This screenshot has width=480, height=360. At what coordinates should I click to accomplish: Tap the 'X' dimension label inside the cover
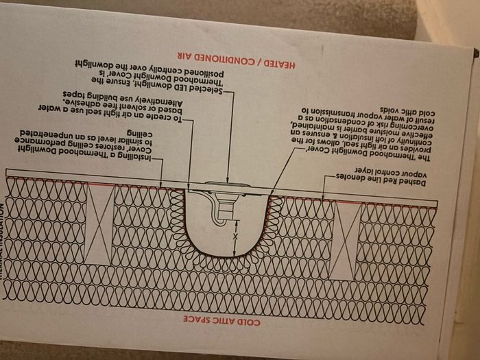click(x=236, y=235)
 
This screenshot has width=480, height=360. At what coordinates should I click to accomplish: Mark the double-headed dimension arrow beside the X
click(x=236, y=241)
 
